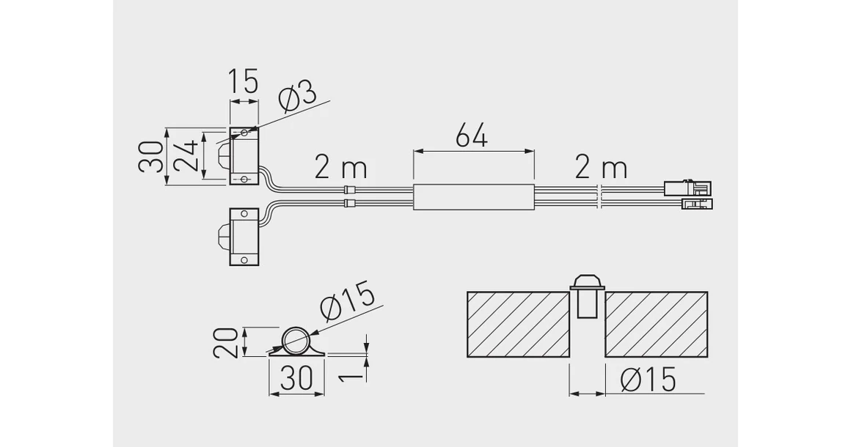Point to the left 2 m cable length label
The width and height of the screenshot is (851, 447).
[341, 168]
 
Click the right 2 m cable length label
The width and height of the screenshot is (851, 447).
[601, 168]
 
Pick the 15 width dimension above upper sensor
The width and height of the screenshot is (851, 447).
[242, 81]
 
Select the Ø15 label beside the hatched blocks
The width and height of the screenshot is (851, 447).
[648, 379]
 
